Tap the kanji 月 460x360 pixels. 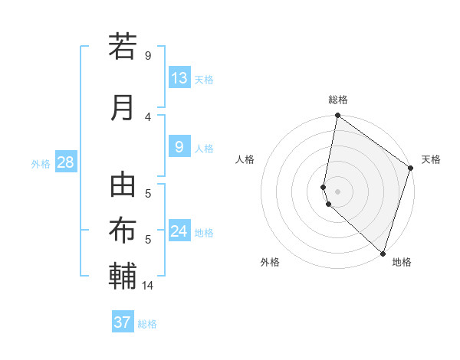click(x=123, y=107)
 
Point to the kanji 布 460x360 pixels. click(x=123, y=230)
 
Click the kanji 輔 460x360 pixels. click(x=123, y=275)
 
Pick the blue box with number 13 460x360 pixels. click(x=179, y=78)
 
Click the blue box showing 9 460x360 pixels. click(x=179, y=147)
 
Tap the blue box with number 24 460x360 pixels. click(x=179, y=231)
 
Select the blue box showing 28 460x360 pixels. click(x=64, y=162)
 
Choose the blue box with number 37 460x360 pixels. click(x=123, y=322)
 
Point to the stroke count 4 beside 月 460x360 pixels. click(x=148, y=117)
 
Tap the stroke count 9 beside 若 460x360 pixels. click(x=148, y=56)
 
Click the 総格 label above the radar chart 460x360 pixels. click(x=338, y=100)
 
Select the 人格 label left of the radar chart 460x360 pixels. click(x=245, y=159)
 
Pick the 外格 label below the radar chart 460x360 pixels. click(x=269, y=262)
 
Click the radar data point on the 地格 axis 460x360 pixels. click(x=383, y=254)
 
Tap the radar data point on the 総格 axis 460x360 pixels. click(x=337, y=116)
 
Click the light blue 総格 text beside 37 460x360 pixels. click(x=147, y=324)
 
